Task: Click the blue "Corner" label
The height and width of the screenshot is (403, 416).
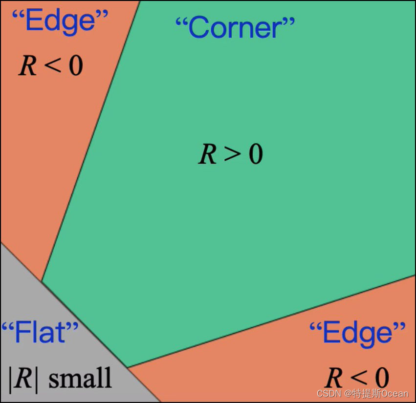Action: pyautogui.click(x=235, y=28)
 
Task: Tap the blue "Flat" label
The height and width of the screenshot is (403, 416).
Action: pyautogui.click(x=40, y=332)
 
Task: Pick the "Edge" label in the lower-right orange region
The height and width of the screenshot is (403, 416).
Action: pyautogui.click(x=357, y=333)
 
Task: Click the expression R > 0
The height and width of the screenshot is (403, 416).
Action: pyautogui.click(x=231, y=154)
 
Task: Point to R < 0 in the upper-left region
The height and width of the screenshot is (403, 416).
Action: pyautogui.click(x=51, y=65)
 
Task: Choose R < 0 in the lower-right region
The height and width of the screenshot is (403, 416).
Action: pyautogui.click(x=357, y=378)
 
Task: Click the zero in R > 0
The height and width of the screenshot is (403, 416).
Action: pyautogui.click(x=255, y=154)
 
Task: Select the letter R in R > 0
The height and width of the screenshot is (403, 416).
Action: pyautogui.click(x=207, y=154)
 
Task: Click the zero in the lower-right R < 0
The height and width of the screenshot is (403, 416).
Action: pyautogui.click(x=381, y=378)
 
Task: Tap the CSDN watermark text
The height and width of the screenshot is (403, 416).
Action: pyautogui.click(x=328, y=394)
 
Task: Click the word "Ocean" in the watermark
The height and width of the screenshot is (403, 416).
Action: pyautogui.click(x=394, y=394)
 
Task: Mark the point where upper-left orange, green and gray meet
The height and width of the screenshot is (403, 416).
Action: pyautogui.click(x=42, y=281)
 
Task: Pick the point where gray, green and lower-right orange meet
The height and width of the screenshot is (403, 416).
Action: pyautogui.click(x=127, y=367)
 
